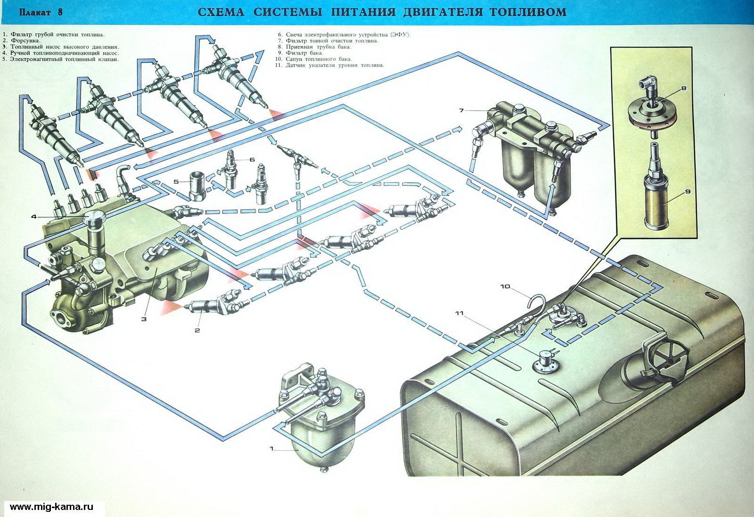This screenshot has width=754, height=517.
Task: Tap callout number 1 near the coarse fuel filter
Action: pyautogui.click(x=272, y=449)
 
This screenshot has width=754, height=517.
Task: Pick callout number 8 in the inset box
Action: pyautogui.click(x=683, y=88)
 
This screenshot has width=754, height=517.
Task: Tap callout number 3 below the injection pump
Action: pyautogui.click(x=144, y=319)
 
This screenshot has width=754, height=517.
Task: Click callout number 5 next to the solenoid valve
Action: pyautogui.click(x=176, y=181)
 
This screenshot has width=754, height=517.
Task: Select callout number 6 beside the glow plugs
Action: pyautogui.click(x=252, y=160)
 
